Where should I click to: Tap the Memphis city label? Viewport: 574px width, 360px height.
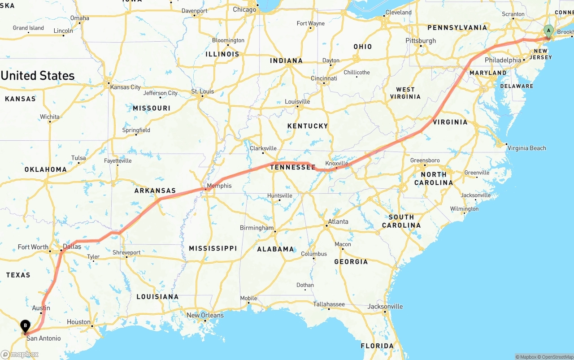point(219,186)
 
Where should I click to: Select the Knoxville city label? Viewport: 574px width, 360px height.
point(336,164)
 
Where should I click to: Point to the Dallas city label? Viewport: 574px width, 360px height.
point(72,247)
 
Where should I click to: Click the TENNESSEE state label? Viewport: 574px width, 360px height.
point(293,167)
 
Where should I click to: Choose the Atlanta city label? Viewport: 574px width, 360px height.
point(338,221)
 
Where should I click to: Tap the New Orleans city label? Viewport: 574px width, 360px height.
point(205,315)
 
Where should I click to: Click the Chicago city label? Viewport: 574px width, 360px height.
point(244,9)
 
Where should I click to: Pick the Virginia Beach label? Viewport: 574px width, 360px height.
point(527,148)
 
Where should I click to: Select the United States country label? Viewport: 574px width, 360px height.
point(38,75)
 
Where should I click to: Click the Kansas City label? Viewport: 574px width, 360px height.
point(126,87)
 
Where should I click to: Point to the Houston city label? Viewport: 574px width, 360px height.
point(78,322)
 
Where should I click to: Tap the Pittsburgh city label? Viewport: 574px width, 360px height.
point(421,40)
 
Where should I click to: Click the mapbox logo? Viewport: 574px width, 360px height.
point(20,354)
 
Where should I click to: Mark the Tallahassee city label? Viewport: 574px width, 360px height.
point(329,304)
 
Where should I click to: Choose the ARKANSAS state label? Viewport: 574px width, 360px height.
point(155,191)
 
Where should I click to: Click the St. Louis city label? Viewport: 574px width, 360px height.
point(203,91)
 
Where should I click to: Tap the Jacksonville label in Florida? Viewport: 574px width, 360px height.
point(385,307)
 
